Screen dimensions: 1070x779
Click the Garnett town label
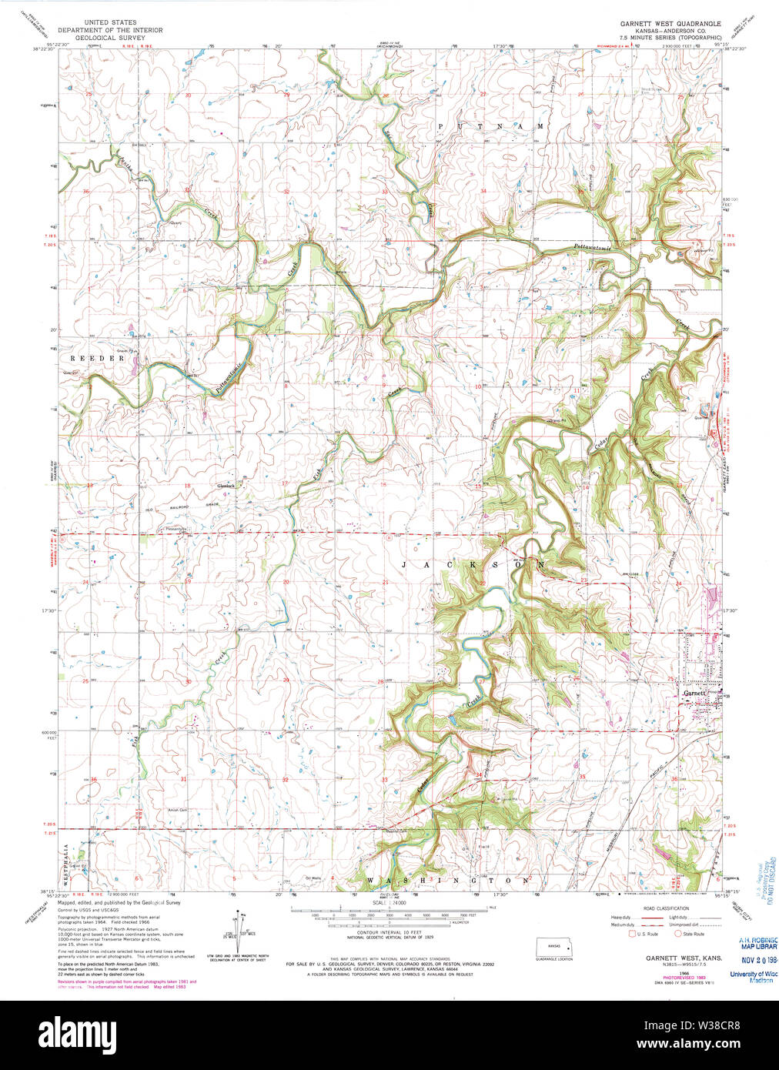(x=694, y=693)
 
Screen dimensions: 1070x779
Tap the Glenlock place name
(x=226, y=486)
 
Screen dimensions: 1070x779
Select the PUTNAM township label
(x=490, y=125)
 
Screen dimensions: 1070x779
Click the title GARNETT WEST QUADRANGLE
(x=670, y=24)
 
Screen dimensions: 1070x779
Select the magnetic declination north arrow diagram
(x=238, y=931)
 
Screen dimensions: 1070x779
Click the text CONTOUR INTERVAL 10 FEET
(x=389, y=931)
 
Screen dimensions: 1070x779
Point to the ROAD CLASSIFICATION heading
(x=666, y=908)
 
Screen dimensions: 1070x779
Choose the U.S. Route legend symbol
(x=633, y=934)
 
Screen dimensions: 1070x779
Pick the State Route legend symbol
(x=678, y=934)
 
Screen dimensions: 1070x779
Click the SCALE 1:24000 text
(x=389, y=902)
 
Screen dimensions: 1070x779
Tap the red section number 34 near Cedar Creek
(x=478, y=774)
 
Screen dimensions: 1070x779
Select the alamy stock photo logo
(x=76, y=1033)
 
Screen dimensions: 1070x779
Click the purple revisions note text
(x=126, y=983)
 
